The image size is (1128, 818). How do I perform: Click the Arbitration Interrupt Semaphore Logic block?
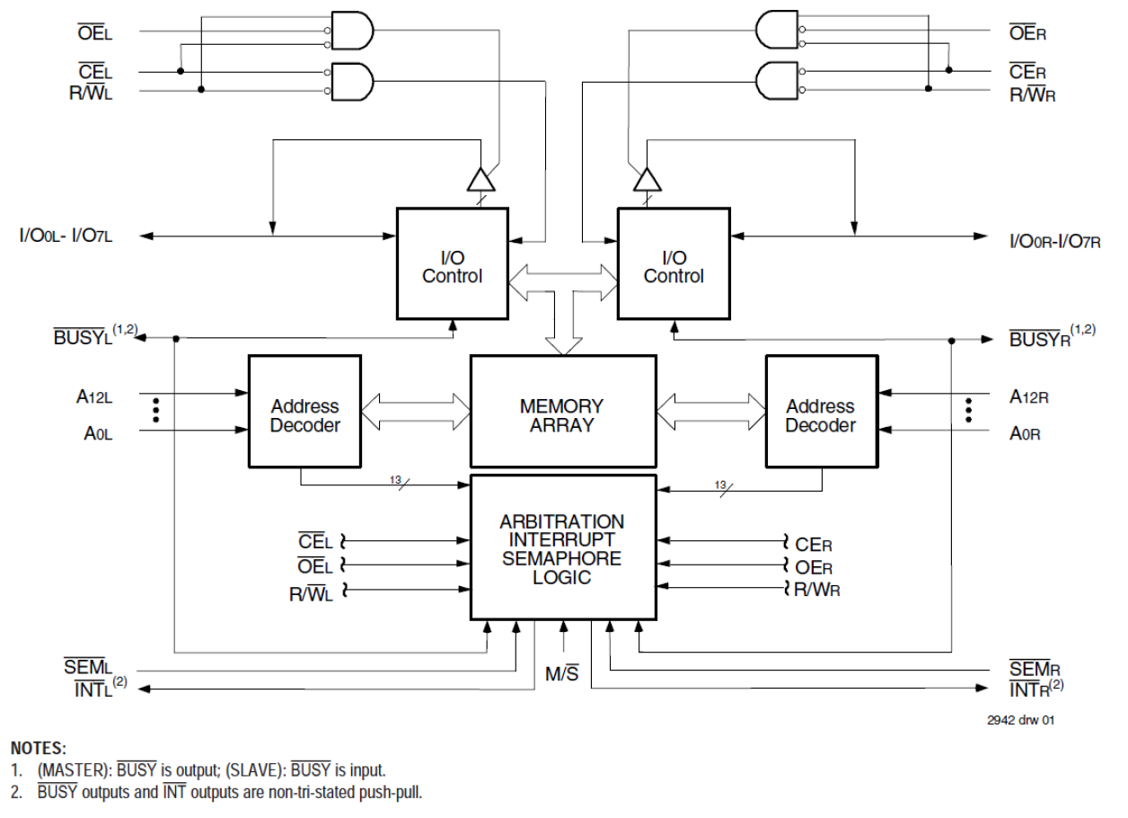coord(563,547)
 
